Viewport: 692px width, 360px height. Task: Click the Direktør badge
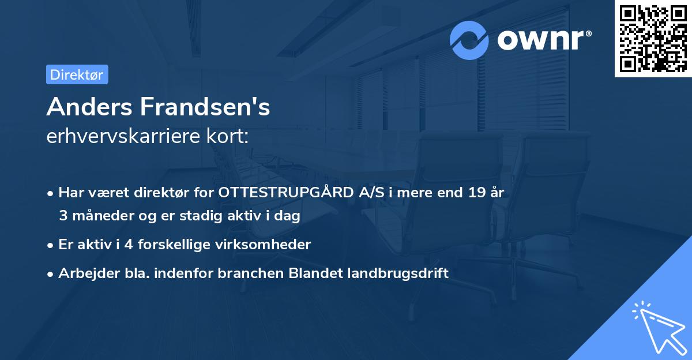(77, 74)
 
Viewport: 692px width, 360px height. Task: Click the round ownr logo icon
(470, 40)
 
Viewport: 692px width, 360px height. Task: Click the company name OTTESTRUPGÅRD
(282, 193)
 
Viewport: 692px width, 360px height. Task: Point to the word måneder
(96, 216)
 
